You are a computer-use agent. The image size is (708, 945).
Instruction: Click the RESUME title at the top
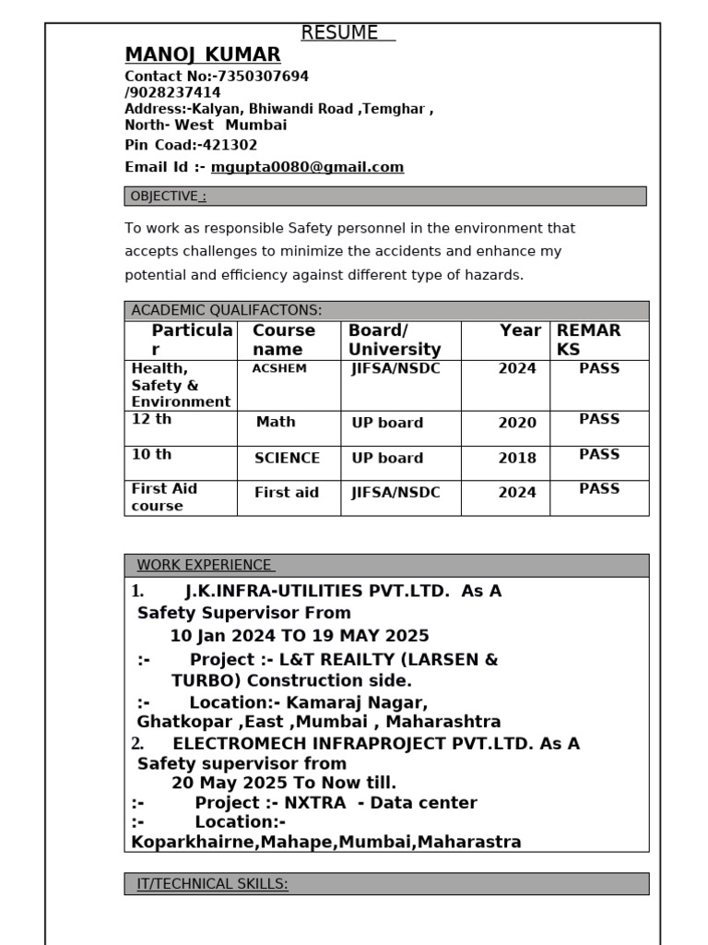(339, 33)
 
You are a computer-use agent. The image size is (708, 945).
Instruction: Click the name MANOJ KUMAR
(203, 55)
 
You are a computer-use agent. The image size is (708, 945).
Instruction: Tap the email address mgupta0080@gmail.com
(307, 167)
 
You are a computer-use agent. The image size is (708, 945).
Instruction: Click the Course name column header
(284, 340)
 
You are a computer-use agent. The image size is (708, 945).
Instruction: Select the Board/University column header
(395, 340)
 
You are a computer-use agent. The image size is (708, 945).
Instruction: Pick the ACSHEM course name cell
(279, 369)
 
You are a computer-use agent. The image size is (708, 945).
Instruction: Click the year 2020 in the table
(517, 423)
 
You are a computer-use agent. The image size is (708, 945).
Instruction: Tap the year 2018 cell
(517, 458)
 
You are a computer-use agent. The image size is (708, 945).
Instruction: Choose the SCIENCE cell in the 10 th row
(288, 458)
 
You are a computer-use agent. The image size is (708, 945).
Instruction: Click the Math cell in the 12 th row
(276, 422)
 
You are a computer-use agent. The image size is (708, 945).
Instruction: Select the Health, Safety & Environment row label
(180, 385)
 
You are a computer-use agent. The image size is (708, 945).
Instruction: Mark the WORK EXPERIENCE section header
(205, 565)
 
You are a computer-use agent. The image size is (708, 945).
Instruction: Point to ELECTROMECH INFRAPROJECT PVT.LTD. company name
(353, 744)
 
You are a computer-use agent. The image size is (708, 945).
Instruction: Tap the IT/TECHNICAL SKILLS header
(212, 884)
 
